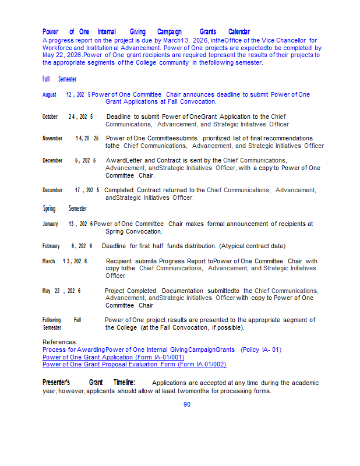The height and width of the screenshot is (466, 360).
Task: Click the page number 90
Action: coord(187,404)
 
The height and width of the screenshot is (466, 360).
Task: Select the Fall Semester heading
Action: coord(59,79)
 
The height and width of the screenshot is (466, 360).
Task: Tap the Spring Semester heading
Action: coord(64,209)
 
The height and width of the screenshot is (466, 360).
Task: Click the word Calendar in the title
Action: coord(239,31)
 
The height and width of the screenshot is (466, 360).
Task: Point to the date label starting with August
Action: coord(66,94)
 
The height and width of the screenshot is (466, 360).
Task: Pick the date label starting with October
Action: coord(67,116)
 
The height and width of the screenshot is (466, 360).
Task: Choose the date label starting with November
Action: coord(70,139)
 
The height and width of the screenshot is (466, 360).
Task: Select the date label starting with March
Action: coord(64,262)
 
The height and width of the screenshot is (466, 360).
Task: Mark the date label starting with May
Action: coord(61,291)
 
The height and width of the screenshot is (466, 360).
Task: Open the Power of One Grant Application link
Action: coord(113,357)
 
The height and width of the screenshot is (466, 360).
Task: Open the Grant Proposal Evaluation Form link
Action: coord(134,364)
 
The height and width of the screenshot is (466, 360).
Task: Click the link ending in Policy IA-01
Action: coord(161,349)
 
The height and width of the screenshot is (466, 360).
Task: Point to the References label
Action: coord(59,342)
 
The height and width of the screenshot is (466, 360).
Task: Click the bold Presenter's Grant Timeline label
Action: coord(89,382)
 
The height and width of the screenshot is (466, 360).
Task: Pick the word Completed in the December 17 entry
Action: coord(118,190)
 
